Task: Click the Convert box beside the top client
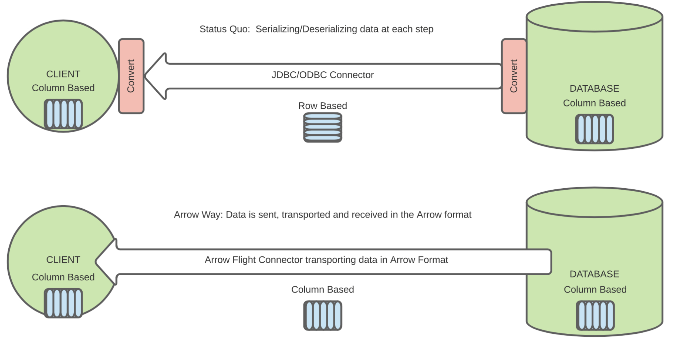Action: (x=131, y=76)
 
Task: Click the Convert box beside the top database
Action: (x=514, y=76)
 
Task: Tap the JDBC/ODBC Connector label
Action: (x=322, y=75)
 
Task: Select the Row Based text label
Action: (x=322, y=106)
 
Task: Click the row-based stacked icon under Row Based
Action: (x=323, y=128)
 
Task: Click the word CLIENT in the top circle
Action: (x=63, y=74)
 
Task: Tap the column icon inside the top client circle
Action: (x=63, y=114)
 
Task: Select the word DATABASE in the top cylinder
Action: (x=594, y=89)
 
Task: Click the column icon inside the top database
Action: (x=594, y=129)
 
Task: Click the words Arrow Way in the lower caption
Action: (x=198, y=215)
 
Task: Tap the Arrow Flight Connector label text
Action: (x=326, y=260)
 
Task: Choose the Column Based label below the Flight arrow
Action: (x=322, y=290)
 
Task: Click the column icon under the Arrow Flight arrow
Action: (x=323, y=315)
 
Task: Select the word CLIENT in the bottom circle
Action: (x=63, y=260)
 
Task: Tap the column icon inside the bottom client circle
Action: (x=63, y=303)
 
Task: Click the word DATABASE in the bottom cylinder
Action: (x=594, y=274)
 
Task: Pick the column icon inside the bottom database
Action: (x=595, y=315)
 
